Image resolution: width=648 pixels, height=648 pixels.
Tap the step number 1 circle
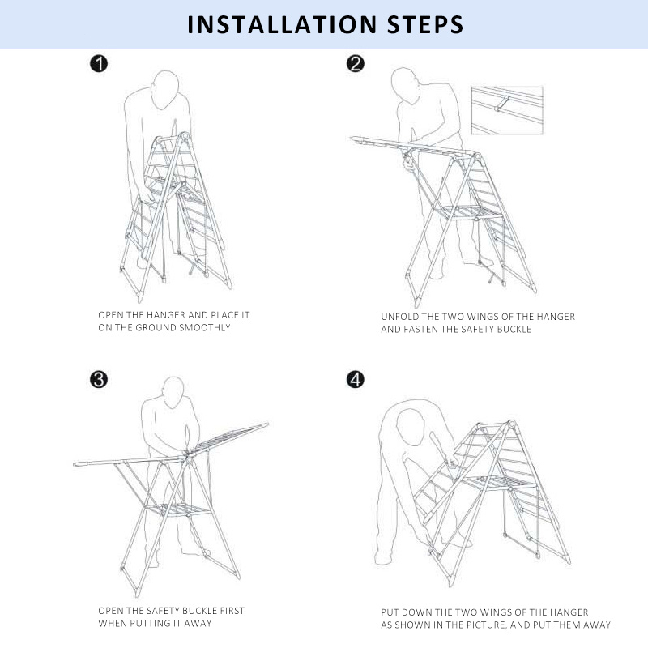point(99,64)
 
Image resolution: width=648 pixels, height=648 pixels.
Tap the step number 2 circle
point(355,64)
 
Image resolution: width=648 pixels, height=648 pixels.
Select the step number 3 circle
point(99,379)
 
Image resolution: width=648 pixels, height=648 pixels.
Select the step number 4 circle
point(355,379)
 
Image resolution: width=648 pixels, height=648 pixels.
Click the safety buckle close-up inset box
point(507,110)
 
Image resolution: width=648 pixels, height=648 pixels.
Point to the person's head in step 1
point(167,84)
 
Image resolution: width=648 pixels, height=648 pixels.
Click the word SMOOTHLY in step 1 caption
point(201,328)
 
